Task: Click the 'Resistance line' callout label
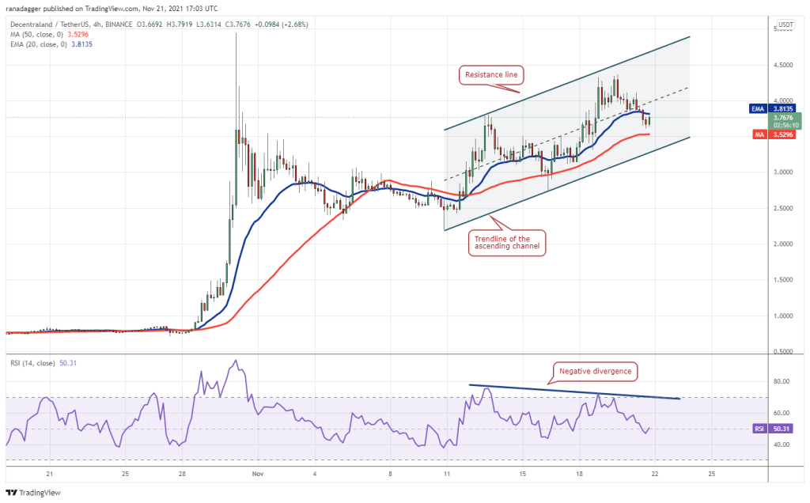tap(490, 75)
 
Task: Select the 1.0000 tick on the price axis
tap(783, 316)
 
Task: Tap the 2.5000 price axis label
tap(783, 208)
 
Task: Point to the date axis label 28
tap(182, 474)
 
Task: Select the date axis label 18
tap(579, 474)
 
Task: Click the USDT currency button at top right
tap(785, 25)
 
